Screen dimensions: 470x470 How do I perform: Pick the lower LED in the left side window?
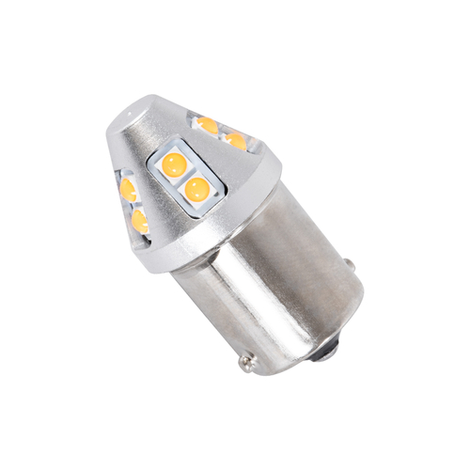pos(141,221)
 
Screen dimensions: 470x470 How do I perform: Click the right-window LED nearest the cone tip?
pos(208,123)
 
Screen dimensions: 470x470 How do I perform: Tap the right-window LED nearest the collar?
pos(235,141)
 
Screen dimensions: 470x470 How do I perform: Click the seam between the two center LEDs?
pos(185,179)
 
